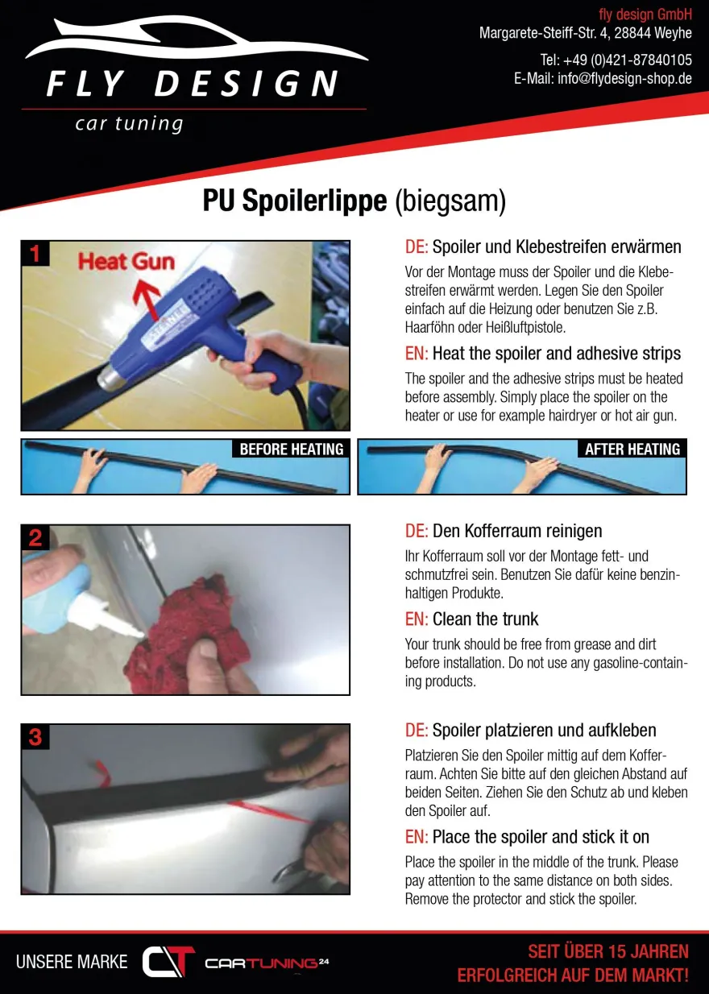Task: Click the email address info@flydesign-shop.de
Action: point(624,79)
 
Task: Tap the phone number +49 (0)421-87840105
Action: point(628,60)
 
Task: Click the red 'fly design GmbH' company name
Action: point(645,14)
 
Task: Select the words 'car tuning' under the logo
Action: point(129,123)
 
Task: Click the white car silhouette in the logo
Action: point(195,40)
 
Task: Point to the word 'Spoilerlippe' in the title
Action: point(315,201)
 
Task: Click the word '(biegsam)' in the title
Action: point(450,202)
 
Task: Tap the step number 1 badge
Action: point(35,254)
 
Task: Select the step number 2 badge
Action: point(35,538)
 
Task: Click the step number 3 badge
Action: point(35,736)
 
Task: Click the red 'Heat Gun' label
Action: point(126,261)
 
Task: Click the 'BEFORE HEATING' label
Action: point(291,449)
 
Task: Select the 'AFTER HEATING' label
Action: point(632,449)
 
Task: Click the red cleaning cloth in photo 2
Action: point(186,636)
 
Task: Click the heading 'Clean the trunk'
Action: point(485,619)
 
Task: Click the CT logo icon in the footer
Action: point(168,962)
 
